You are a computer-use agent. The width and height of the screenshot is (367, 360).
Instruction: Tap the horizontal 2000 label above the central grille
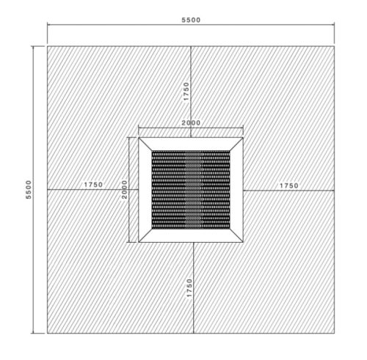(x=191, y=123)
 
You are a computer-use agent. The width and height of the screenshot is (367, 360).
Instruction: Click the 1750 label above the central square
(x=186, y=91)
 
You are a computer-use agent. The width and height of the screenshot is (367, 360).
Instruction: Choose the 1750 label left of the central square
(x=93, y=185)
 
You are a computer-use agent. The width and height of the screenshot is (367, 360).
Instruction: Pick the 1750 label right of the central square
(x=288, y=185)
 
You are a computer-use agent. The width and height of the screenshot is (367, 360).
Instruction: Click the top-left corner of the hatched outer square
(x=48, y=46)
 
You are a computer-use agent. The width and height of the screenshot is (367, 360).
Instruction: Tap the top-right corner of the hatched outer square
(x=334, y=46)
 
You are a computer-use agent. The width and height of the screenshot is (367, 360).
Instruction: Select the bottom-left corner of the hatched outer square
(x=48, y=332)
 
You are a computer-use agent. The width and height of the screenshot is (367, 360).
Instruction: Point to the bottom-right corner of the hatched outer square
(x=334, y=332)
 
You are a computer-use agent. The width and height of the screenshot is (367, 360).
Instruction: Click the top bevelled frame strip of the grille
(x=191, y=143)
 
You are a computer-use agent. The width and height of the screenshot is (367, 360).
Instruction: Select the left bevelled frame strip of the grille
(x=145, y=189)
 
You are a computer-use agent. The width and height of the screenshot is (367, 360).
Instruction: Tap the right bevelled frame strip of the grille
(x=236, y=189)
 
